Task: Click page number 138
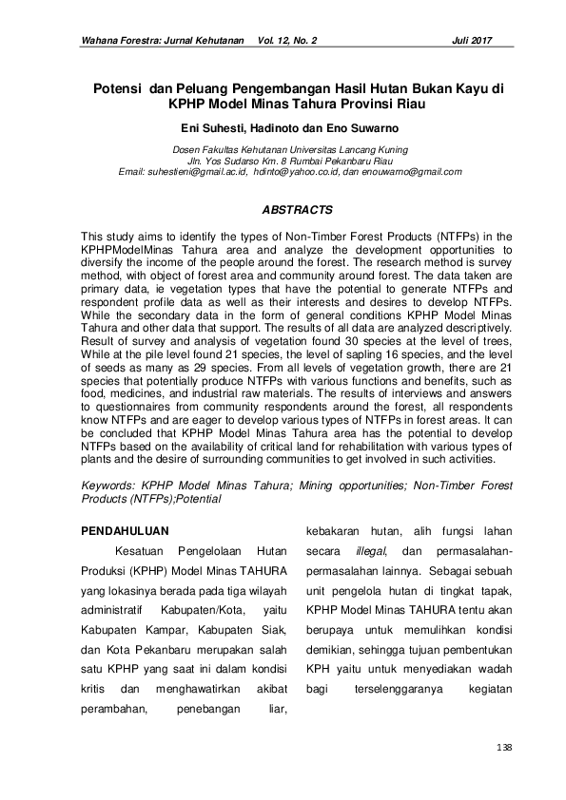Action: pos(504,748)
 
